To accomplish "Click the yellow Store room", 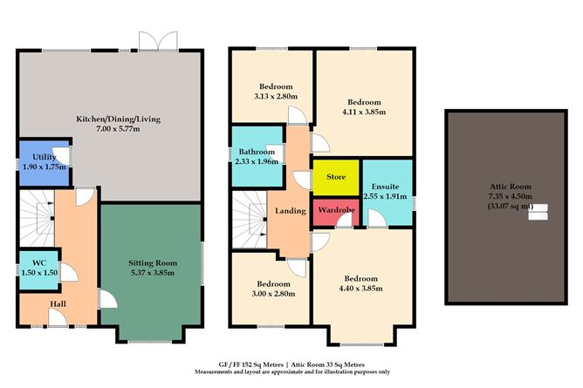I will click(x=335, y=177).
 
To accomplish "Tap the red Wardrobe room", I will click(x=335, y=210).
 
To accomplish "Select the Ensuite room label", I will click(x=385, y=186).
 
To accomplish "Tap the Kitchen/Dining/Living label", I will click(x=131, y=119).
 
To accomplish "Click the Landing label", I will click(x=290, y=210).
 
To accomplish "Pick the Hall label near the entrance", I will click(x=58, y=304).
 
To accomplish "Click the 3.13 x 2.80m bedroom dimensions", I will click(x=276, y=97).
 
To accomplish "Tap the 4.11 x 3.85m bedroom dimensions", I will click(x=364, y=112).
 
